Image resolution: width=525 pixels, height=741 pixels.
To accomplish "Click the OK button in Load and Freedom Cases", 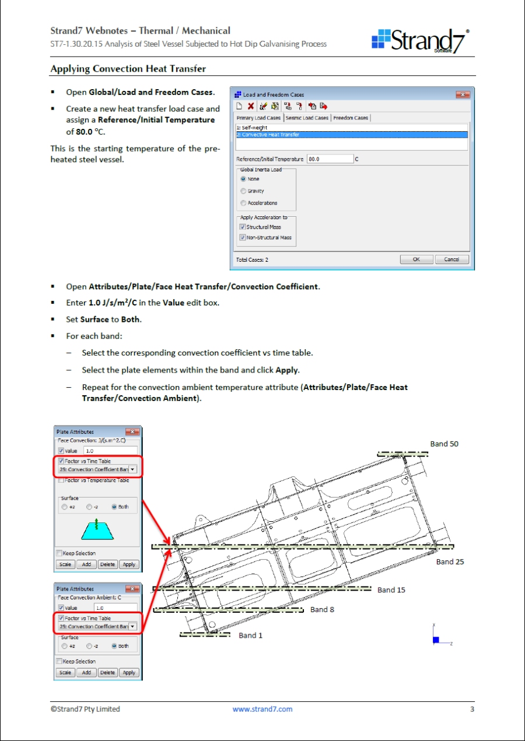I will (x=416, y=259).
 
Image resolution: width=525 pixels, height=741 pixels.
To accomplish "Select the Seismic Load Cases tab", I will (x=307, y=118).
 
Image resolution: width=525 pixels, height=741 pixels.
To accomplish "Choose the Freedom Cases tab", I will (x=351, y=118).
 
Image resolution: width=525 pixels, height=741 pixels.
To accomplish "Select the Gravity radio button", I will (x=243, y=191).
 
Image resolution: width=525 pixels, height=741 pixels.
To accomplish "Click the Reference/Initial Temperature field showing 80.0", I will (x=330, y=159).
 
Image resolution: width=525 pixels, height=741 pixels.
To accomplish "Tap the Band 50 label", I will (x=444, y=444).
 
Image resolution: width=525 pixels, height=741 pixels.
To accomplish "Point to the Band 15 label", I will (x=391, y=590).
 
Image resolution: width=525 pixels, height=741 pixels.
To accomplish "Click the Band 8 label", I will (x=322, y=610).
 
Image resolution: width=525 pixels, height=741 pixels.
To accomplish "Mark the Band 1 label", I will (x=250, y=635).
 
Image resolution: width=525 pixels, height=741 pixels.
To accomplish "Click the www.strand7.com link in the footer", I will (x=262, y=710).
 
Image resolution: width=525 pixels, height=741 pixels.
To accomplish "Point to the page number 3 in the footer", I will (x=472, y=710).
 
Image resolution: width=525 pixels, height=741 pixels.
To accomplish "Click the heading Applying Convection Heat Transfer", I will (x=128, y=69).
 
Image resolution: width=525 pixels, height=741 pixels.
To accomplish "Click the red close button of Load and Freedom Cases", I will (x=463, y=94).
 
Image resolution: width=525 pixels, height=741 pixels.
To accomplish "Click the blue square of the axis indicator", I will (x=436, y=640).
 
